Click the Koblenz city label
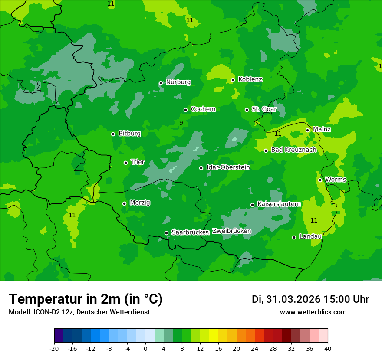(x=250, y=79)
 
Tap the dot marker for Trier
(x=125, y=163)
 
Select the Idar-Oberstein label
(x=228, y=167)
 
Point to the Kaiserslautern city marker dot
(x=252, y=205)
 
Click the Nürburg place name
(x=178, y=82)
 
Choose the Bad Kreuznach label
(x=293, y=150)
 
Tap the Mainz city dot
(x=307, y=130)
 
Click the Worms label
(x=336, y=180)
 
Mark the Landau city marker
(x=294, y=237)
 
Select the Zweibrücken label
(x=231, y=231)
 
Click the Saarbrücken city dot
(x=166, y=233)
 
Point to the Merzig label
(x=140, y=203)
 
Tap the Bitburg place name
(x=129, y=134)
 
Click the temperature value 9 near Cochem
(x=181, y=123)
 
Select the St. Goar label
(x=264, y=109)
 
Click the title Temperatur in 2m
(x=86, y=299)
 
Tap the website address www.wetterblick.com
(x=313, y=312)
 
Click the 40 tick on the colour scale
(x=328, y=349)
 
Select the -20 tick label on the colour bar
(x=54, y=349)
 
